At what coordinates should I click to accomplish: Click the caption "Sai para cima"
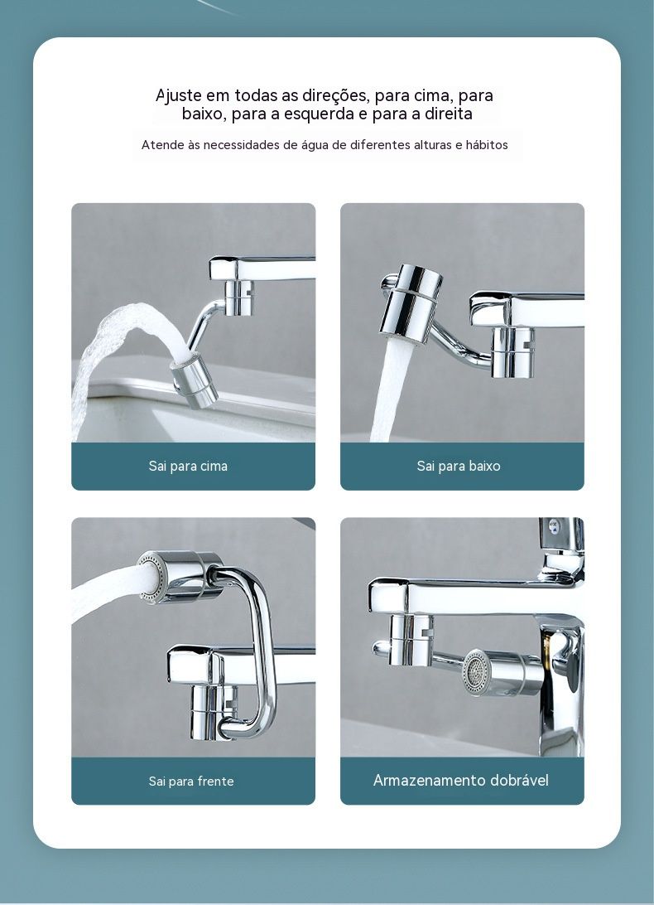188,466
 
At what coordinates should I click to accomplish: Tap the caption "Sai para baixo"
459,466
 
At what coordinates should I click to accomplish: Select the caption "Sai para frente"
191,781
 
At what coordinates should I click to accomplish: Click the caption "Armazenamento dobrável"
461,781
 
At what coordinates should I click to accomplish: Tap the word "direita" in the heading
449,114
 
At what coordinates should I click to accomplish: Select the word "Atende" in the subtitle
161,145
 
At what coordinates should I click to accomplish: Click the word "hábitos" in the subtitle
487,145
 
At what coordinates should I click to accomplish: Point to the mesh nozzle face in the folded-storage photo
476,672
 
